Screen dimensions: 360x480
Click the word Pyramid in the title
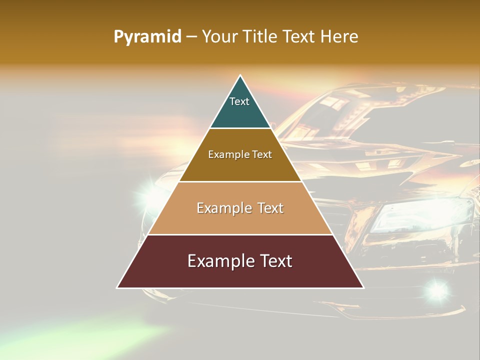coord(147,37)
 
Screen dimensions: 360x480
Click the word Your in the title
coord(220,37)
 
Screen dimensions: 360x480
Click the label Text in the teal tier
coord(239,101)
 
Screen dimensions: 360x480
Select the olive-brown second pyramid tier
coord(240,167)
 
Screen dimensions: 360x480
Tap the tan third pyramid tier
coord(240,220)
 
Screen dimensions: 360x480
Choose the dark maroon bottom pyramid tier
coord(240,275)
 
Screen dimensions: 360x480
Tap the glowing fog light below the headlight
coord(437,289)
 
